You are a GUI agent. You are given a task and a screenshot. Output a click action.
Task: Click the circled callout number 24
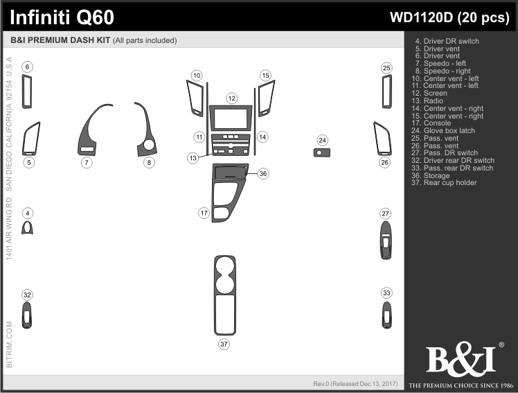323,140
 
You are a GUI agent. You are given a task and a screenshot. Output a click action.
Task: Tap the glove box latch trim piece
322,152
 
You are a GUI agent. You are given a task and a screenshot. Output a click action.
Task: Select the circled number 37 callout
224,344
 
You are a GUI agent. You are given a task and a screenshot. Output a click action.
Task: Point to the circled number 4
28,213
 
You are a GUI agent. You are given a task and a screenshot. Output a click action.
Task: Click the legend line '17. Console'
431,123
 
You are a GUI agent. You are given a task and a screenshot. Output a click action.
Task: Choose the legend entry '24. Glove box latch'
443,130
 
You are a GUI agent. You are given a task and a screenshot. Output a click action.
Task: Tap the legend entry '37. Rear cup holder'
444,182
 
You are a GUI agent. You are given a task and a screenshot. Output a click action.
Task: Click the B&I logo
461,359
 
